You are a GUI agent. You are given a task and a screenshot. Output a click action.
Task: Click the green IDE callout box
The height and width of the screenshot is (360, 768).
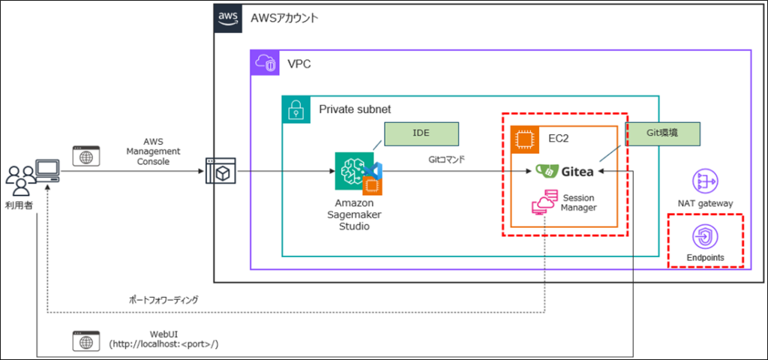pos(421,133)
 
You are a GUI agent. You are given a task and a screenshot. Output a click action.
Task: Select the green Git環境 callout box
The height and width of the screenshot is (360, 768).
pos(662,133)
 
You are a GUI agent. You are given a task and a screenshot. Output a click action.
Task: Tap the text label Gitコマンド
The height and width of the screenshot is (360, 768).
pos(448,160)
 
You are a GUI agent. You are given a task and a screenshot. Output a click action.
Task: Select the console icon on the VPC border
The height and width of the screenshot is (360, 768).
pos(220,172)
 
